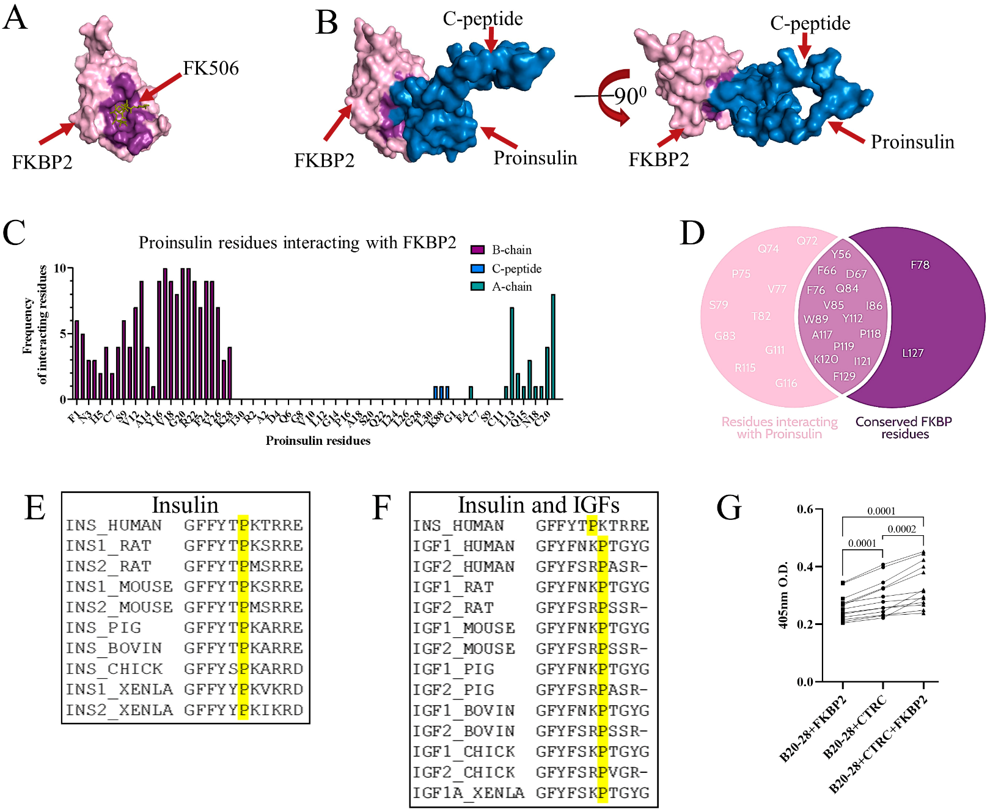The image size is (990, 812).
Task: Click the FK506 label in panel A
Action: click(211, 68)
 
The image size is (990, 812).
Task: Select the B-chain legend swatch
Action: click(477, 250)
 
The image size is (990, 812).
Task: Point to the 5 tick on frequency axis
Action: click(62, 334)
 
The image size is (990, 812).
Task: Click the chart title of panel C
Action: click(297, 243)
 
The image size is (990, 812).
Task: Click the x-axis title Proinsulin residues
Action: click(318, 441)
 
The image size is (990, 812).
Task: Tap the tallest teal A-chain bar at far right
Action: click(553, 346)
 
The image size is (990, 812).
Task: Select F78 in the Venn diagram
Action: click(920, 265)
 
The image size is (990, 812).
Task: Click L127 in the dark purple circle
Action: click(912, 353)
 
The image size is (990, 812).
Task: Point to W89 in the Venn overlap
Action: click(816, 320)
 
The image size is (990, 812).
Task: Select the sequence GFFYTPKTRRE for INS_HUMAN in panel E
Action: click(243, 525)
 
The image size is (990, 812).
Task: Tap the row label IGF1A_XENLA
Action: click(468, 793)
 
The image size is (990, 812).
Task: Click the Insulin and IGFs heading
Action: click(538, 505)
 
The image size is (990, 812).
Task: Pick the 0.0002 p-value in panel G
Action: click(901, 529)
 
